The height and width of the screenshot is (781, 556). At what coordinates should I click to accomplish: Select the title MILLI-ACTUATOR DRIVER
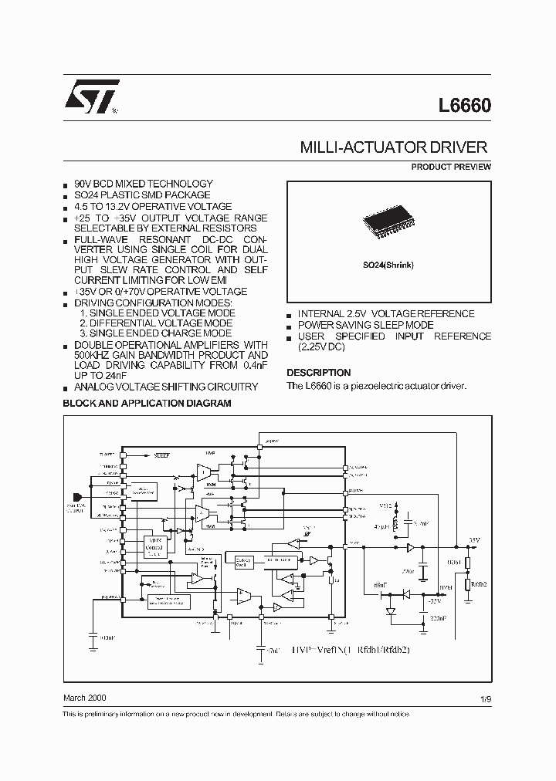(392, 147)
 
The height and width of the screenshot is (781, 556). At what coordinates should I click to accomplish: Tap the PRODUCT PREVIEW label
(451, 167)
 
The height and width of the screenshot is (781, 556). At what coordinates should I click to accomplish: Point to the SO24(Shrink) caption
(388, 265)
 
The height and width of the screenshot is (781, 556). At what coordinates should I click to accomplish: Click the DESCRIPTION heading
(318, 372)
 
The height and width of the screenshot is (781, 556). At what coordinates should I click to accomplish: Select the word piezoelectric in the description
(381, 385)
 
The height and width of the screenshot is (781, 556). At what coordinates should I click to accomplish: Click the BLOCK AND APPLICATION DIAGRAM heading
(147, 403)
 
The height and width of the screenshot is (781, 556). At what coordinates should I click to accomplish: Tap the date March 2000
(84, 697)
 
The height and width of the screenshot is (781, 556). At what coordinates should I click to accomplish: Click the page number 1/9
(485, 698)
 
